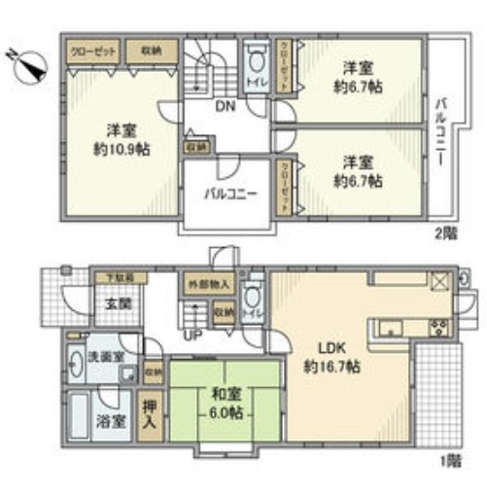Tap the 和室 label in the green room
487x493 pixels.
[222, 396]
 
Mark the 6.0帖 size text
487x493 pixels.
[222, 412]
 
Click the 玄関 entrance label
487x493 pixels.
[106, 303]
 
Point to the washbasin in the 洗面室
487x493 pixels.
[78, 360]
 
